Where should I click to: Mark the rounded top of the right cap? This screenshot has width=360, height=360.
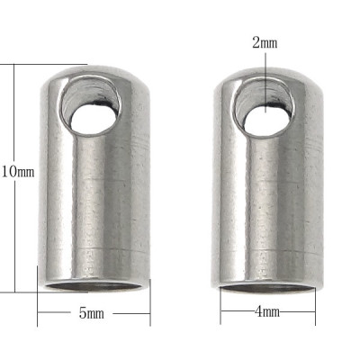pyautogui.click(x=266, y=72)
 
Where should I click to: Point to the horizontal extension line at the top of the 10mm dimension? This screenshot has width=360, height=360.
pyautogui.click(x=45, y=64)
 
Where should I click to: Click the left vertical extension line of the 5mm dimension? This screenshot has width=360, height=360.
pyautogui.click(x=37, y=310)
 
